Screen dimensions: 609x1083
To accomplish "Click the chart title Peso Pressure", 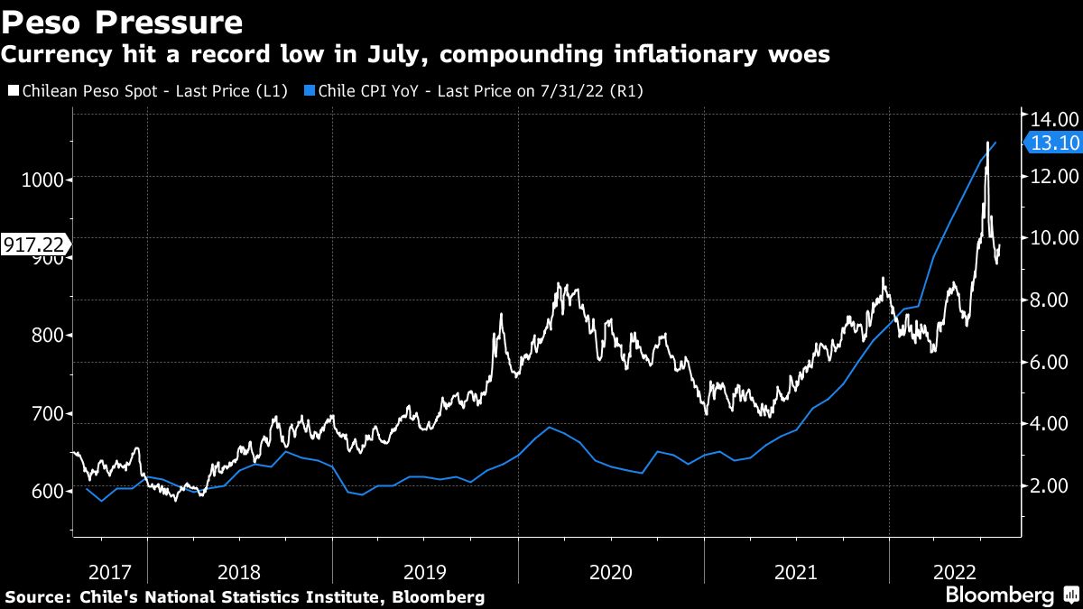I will pos(121,22).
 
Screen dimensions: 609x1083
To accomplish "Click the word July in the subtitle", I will pos(371,55).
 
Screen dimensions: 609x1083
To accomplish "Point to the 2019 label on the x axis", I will pos(424,572).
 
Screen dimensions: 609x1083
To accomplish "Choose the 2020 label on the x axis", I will pos(610,572).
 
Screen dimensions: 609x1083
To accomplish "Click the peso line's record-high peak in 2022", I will pos(987,143).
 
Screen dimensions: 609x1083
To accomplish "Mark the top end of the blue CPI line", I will pos(995,142).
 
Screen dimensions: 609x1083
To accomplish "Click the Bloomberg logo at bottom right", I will pos(999,595).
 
